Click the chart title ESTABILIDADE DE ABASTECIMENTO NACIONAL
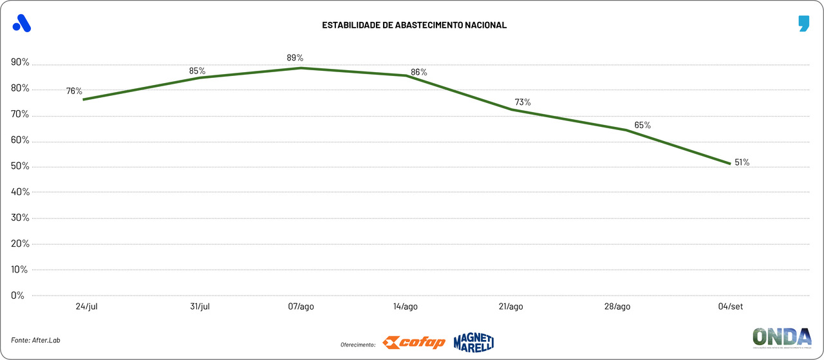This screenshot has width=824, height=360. [x=414, y=25]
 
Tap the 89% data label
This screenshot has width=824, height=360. [x=295, y=58]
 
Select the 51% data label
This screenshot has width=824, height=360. [x=742, y=162]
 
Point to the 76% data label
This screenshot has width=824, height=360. [x=74, y=91]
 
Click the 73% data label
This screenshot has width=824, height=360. [x=523, y=102]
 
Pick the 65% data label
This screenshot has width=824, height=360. [x=642, y=125]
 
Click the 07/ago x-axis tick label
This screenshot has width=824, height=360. [x=301, y=307]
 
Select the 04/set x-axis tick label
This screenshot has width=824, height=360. [x=731, y=307]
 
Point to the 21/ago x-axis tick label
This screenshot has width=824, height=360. [x=510, y=307]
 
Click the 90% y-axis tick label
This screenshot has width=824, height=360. [x=20, y=62]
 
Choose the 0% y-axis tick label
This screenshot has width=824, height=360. [x=18, y=296]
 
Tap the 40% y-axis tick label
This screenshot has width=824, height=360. [x=20, y=192]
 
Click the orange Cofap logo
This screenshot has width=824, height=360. [x=413, y=343]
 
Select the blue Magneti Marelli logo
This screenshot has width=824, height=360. [x=473, y=342]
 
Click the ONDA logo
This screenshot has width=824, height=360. [x=782, y=338]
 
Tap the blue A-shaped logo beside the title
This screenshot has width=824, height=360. [x=22, y=23]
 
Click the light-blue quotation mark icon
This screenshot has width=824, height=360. [x=803, y=24]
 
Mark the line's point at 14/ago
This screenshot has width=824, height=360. [x=406, y=75]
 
